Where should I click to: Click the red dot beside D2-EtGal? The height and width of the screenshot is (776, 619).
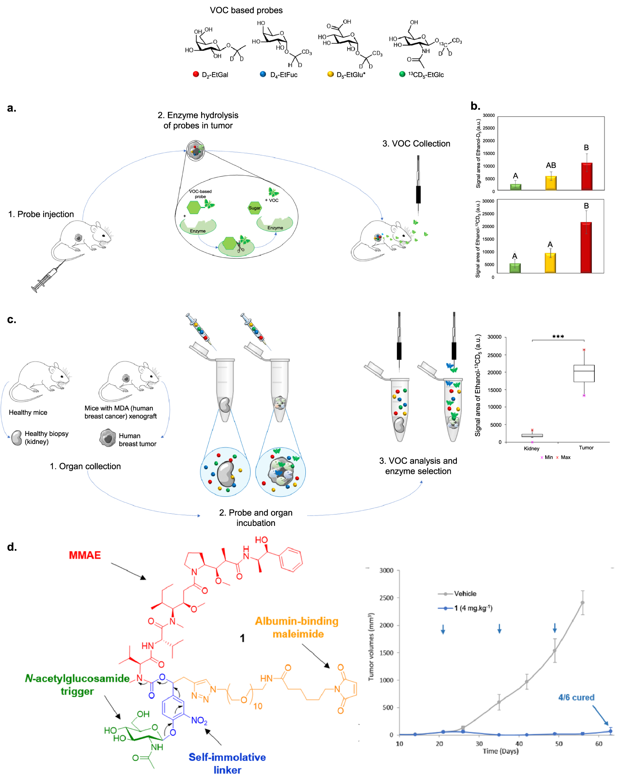tap(196, 74)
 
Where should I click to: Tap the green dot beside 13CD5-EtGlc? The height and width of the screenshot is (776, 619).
tap(402, 74)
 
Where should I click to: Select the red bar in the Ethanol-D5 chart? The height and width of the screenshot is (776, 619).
tap(587, 176)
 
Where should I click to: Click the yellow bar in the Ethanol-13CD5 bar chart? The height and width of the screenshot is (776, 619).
tap(550, 263)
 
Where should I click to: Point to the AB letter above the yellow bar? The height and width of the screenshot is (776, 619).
tap(551, 165)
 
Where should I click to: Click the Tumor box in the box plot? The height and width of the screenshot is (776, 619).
tap(584, 373)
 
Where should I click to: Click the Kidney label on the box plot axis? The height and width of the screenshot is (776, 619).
tap(531, 449)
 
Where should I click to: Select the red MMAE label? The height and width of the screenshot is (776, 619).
tap(85, 555)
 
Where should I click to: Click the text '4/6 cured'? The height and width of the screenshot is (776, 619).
tap(576, 697)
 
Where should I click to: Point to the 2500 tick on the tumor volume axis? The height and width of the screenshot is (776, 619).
tap(386, 598)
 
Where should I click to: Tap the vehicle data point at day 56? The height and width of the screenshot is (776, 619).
tap(582, 602)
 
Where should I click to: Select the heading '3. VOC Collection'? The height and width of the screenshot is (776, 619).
tap(416, 144)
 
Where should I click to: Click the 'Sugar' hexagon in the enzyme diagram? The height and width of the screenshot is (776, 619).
tap(254, 208)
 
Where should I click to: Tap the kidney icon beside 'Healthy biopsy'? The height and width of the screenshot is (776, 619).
tap(16, 438)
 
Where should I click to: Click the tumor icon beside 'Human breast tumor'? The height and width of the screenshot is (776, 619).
tap(108, 438)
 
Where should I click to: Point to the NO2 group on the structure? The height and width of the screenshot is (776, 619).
tap(199, 720)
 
